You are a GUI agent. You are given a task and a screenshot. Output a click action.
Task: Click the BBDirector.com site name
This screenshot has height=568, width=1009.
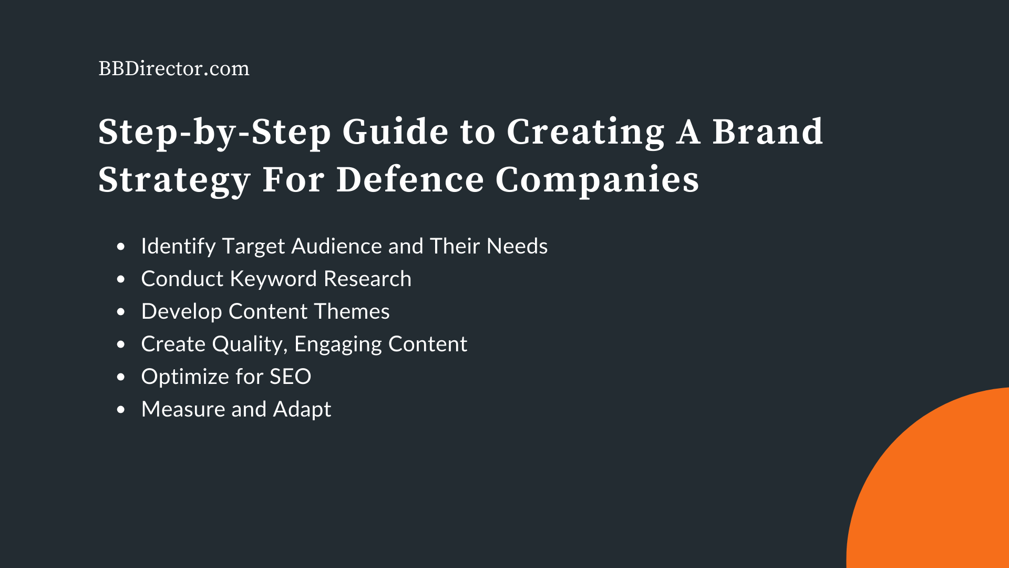pos(174,68)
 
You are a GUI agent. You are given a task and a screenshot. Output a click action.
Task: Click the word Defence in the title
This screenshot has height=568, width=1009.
pos(410,180)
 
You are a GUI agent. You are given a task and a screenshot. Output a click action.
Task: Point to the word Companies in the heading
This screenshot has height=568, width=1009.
pos(597,180)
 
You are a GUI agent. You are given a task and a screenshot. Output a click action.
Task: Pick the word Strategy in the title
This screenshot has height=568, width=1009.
pos(174,180)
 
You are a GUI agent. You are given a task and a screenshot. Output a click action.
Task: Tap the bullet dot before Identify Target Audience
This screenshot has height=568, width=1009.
pos(121,247)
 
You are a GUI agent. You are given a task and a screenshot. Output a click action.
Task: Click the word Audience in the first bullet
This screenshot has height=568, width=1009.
pos(336,246)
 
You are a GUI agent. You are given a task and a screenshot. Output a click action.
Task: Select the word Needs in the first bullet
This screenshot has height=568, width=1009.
pos(517,246)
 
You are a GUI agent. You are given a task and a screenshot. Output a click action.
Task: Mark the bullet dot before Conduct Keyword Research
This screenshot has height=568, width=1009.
pos(121,279)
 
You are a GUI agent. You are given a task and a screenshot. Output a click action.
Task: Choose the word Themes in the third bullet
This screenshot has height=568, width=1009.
pos(352,311)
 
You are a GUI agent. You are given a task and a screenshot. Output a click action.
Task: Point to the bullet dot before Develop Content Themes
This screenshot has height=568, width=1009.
pos(121,312)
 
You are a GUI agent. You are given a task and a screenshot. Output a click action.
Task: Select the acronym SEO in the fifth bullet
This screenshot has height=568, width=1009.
pos(290,377)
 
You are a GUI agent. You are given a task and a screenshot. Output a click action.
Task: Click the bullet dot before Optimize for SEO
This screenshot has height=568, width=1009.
pos(121,377)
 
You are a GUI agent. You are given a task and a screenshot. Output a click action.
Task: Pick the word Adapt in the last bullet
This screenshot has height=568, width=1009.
pos(302,409)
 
